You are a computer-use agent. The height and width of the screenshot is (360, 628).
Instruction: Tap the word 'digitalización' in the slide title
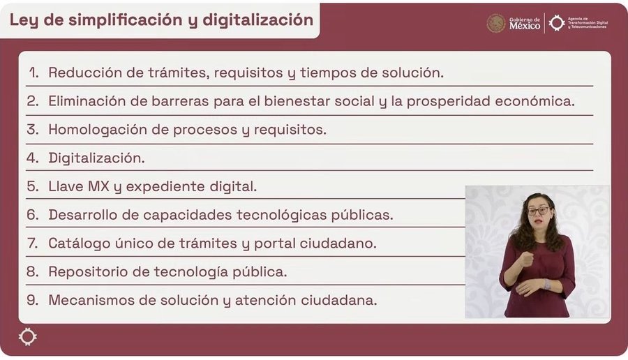(x=258, y=20)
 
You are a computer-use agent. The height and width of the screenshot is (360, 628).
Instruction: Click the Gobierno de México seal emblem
(x=496, y=23)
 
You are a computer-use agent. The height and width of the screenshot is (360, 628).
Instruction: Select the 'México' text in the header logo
(x=525, y=26)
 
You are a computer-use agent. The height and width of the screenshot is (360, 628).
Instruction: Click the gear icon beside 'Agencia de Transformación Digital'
(x=557, y=23)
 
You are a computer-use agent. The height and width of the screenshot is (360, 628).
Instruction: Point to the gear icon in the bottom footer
(x=28, y=337)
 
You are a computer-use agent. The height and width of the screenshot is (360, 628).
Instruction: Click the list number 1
(x=34, y=73)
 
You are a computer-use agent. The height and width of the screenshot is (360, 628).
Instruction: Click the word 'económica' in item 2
(x=534, y=101)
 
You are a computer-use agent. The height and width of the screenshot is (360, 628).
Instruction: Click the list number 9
(x=33, y=300)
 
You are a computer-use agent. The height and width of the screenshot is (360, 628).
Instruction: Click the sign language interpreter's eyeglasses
(x=538, y=211)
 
